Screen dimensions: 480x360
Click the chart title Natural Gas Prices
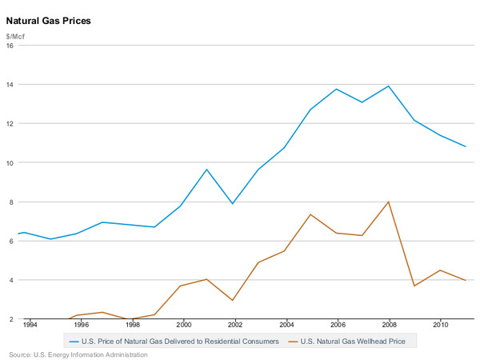click(x=48, y=21)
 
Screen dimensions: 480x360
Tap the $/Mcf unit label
click(x=15, y=37)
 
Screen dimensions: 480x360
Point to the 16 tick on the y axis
click(x=10, y=46)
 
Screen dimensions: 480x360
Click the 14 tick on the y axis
click(x=10, y=85)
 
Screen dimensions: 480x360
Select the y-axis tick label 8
click(x=12, y=202)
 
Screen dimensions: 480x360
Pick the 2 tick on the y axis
click(x=12, y=319)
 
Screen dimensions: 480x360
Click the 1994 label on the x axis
click(x=30, y=325)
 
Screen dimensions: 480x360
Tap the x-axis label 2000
click(x=184, y=325)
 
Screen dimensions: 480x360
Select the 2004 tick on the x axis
click(x=286, y=325)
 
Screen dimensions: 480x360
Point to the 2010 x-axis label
click(x=441, y=325)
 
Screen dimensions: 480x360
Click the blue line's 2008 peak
click(x=389, y=86)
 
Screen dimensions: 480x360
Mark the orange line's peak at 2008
click(x=389, y=202)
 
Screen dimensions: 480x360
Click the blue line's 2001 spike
click(x=206, y=170)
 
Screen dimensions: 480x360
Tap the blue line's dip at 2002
click(x=233, y=203)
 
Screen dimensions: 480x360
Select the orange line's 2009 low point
click(x=414, y=286)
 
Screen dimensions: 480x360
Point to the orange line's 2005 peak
click(x=310, y=214)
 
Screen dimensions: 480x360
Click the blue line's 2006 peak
click(x=337, y=89)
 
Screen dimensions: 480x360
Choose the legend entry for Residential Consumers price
click(x=174, y=342)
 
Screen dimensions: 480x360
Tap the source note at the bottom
click(x=78, y=354)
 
